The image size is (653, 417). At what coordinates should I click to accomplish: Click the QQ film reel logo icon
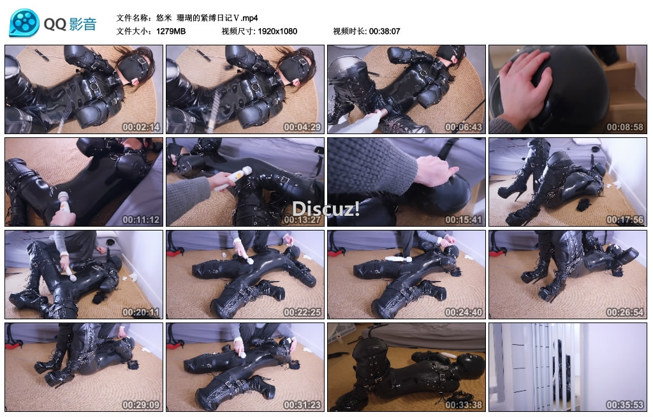pos(24,22)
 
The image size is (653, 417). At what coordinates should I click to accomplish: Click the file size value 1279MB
pos(171,31)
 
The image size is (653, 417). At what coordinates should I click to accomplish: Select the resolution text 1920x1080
pos(277,31)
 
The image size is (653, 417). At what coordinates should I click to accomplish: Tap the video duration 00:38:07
pos(385,31)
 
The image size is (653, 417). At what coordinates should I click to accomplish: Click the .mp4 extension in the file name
pos(249,18)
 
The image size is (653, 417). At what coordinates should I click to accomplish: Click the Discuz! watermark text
pos(326,209)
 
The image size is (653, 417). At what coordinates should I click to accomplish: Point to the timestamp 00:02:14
pos(141,127)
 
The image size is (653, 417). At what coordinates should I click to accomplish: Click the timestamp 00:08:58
pos(625,127)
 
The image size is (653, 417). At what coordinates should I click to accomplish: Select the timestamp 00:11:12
pos(141,219)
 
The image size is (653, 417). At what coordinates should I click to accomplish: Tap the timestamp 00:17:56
pos(625,219)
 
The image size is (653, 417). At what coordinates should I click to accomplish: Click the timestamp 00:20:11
pos(141,312)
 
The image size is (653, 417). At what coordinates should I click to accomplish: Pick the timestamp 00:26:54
pos(625,312)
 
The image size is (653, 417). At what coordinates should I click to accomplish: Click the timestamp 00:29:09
pos(141,404)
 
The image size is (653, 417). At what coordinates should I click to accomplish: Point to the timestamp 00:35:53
pos(625,404)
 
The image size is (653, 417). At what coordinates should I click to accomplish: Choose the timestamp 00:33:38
pos(464,404)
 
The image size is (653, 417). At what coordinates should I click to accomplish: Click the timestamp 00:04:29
pos(302,127)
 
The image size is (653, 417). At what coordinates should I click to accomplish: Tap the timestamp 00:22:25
pos(302,312)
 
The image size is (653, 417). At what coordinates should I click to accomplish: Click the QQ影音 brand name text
pos(70,24)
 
